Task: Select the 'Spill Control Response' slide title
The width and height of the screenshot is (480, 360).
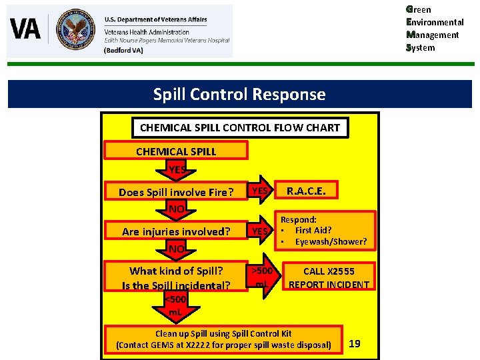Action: [x=239, y=95]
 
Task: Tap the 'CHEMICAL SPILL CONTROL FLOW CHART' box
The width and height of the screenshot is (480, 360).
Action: [x=239, y=127]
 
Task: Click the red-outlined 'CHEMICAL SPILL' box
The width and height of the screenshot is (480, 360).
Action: [x=176, y=151]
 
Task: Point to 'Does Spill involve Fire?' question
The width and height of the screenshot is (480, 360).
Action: [x=176, y=193]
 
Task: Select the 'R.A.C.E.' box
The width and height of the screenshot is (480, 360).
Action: [x=306, y=191]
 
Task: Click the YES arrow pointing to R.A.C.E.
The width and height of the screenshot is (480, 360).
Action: [x=260, y=191]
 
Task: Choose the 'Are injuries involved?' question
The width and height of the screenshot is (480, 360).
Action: [x=176, y=232]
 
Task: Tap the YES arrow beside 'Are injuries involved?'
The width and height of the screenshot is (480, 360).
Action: [x=260, y=231]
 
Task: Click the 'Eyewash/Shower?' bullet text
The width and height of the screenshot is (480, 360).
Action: [x=331, y=241]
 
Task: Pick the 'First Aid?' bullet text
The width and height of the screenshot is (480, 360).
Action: [x=313, y=230]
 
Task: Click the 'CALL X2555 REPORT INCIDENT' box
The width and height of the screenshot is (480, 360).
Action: [x=328, y=278]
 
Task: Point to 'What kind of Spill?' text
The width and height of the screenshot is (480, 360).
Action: [x=176, y=271]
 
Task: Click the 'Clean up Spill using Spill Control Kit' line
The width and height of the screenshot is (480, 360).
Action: [x=223, y=333]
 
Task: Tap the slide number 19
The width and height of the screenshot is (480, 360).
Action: [x=355, y=343]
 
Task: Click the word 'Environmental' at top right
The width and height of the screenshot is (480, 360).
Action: [x=437, y=22]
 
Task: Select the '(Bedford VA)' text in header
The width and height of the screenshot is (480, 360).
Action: [x=123, y=50]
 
